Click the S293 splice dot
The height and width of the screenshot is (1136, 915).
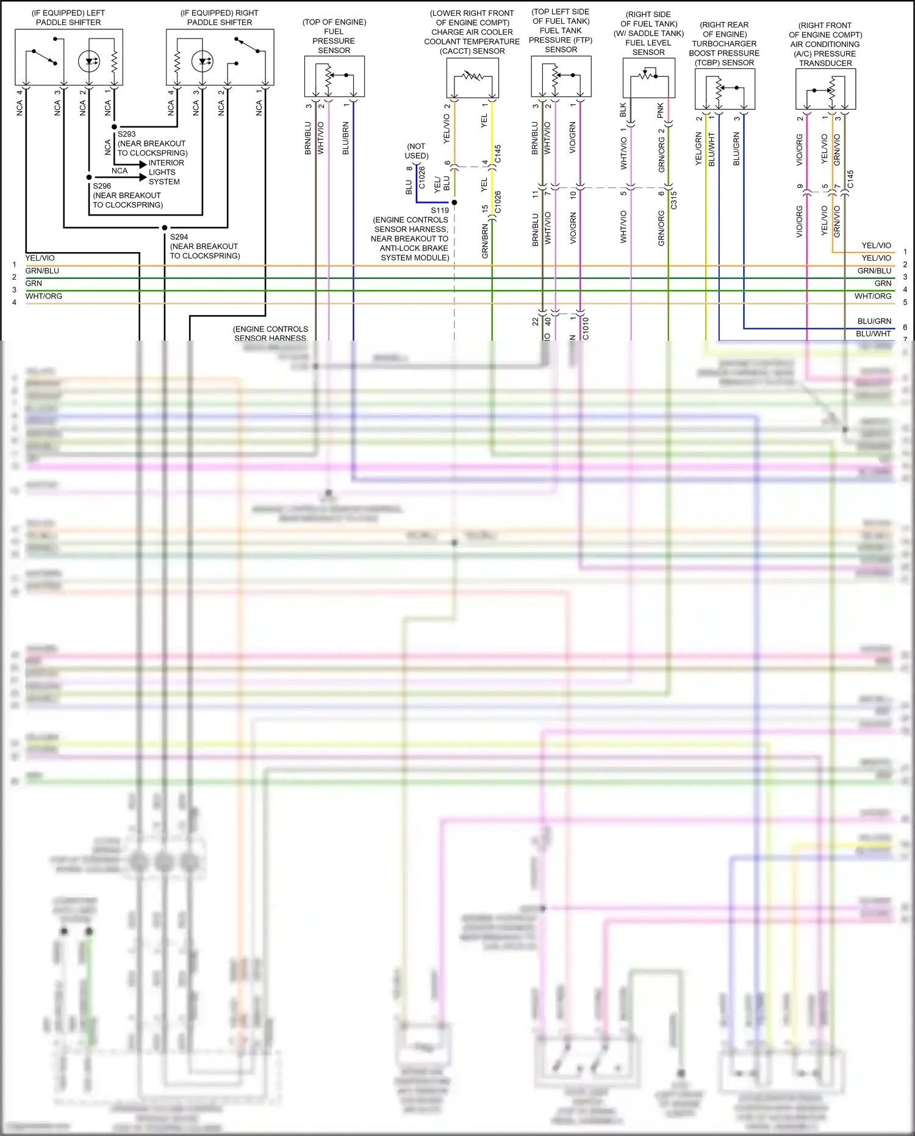pyautogui.click(x=114, y=127)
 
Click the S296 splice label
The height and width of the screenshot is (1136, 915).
pyautogui.click(x=102, y=186)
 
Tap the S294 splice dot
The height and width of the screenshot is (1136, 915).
pyautogui.click(x=165, y=228)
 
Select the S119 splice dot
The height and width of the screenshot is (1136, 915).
pyautogui.click(x=454, y=202)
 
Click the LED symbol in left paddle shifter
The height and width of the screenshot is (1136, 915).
pyautogui.click(x=89, y=61)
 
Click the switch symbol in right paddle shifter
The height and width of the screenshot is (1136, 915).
pyautogui.click(x=248, y=45)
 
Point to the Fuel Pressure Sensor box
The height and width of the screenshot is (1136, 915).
pyautogui.click(x=334, y=76)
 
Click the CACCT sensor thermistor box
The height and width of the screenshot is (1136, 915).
pyautogui.click(x=473, y=78)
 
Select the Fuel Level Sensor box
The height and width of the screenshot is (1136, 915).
pyautogui.click(x=648, y=78)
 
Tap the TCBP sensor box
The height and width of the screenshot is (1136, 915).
pyautogui.click(x=725, y=89)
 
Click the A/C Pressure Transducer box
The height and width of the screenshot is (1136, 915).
pyautogui.click(x=825, y=89)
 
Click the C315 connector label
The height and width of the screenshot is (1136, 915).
pyautogui.click(x=674, y=200)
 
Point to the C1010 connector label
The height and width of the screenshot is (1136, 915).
pyautogui.click(x=586, y=328)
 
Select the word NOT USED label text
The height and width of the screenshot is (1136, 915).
pyautogui.click(x=416, y=151)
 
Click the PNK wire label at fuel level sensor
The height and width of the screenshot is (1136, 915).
pyautogui.click(x=661, y=110)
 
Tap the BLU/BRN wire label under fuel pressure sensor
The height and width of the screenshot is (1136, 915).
pyautogui.click(x=346, y=138)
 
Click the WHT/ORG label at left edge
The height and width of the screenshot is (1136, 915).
pyautogui.click(x=44, y=296)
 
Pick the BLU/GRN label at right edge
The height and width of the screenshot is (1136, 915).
pyautogui.click(x=874, y=321)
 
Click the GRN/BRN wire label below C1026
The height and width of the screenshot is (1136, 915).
pyautogui.click(x=485, y=241)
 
